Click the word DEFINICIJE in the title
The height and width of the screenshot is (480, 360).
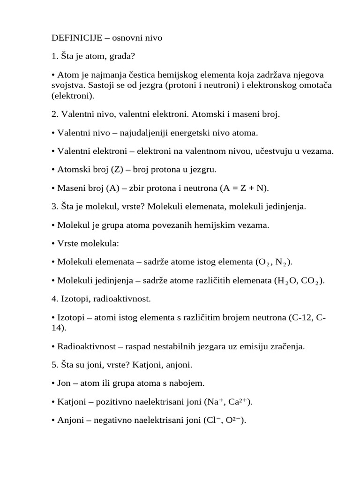pos(77,38)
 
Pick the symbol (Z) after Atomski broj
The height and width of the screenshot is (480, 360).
pos(117,170)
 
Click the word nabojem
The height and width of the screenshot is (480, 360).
pos(189,383)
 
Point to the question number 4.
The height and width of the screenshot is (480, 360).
pos(54,299)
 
